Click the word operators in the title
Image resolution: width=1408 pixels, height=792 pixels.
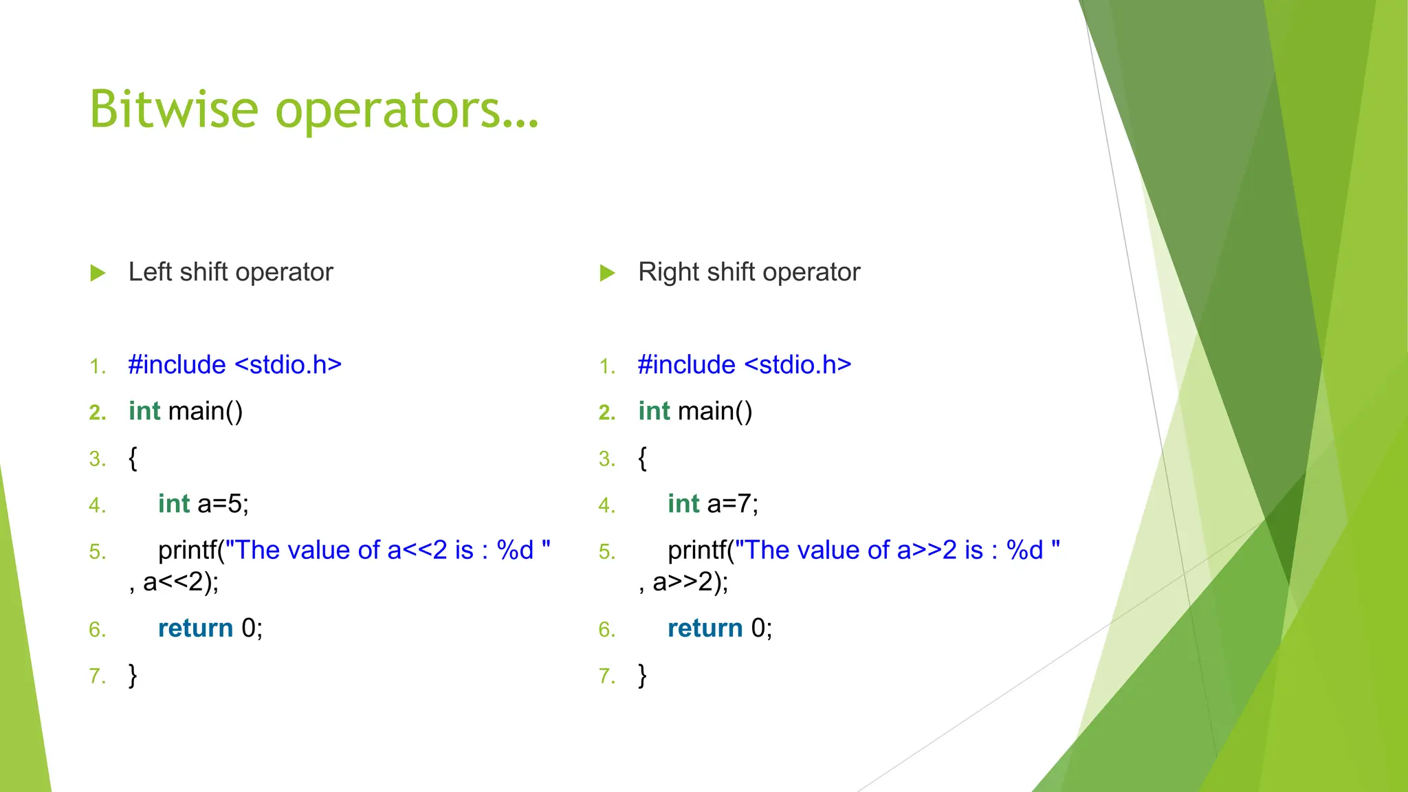tap(407, 110)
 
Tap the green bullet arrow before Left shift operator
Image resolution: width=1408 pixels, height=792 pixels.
tap(98, 273)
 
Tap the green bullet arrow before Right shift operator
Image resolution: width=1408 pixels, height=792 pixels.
tap(607, 273)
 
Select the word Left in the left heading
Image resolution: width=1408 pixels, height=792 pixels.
tap(149, 272)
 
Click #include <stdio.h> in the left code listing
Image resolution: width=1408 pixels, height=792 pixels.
tap(234, 364)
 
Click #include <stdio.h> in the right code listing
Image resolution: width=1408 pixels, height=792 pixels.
tap(744, 364)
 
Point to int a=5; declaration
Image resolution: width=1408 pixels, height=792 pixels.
tap(203, 504)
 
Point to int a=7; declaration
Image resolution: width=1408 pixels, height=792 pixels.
tap(713, 504)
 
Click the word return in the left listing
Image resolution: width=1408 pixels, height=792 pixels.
tap(195, 628)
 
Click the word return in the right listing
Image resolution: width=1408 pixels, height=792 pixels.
tap(705, 628)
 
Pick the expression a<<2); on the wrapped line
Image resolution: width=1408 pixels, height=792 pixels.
tap(180, 582)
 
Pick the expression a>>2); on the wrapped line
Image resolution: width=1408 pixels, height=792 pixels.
tap(690, 582)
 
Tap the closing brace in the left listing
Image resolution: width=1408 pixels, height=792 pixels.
tap(133, 675)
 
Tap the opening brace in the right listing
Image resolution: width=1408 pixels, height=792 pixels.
tap(642, 458)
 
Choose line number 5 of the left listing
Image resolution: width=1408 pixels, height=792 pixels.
tap(97, 551)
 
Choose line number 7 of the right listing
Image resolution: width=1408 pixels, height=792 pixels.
tap(606, 676)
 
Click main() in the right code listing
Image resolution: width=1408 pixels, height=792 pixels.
tap(715, 411)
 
